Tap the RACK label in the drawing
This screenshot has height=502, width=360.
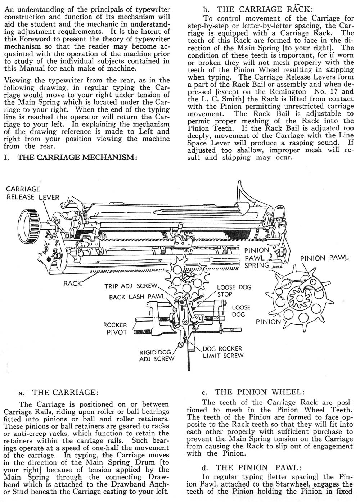point(72,283)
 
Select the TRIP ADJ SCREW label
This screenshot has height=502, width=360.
point(131,286)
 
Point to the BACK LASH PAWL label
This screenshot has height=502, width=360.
point(137,297)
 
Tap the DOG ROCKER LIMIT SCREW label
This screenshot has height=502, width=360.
point(223,352)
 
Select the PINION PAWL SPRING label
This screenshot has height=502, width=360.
point(257,258)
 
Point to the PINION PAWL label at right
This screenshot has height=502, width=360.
point(324,258)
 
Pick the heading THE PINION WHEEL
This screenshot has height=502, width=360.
point(260,392)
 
